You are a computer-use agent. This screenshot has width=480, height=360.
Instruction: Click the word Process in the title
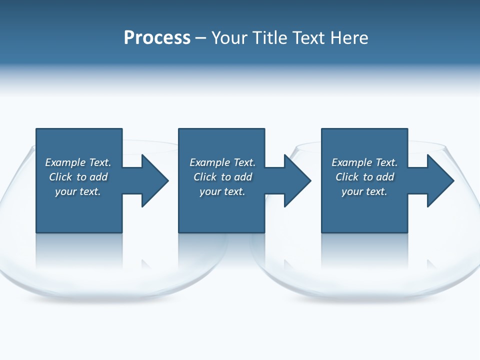coord(157,38)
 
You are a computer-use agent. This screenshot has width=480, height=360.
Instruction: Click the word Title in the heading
coord(269,38)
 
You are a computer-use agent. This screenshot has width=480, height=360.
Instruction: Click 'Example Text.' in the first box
coord(78,162)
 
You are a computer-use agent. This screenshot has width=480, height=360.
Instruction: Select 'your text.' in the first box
coord(78,191)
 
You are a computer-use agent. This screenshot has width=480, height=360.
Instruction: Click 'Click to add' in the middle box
coord(222,177)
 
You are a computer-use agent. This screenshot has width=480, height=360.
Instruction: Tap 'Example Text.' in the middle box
coord(222,162)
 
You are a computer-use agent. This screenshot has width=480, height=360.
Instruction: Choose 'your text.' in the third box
coord(364,191)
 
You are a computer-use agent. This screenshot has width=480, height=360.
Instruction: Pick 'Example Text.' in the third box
coord(364,162)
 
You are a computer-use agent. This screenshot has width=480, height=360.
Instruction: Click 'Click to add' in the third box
coord(364,177)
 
